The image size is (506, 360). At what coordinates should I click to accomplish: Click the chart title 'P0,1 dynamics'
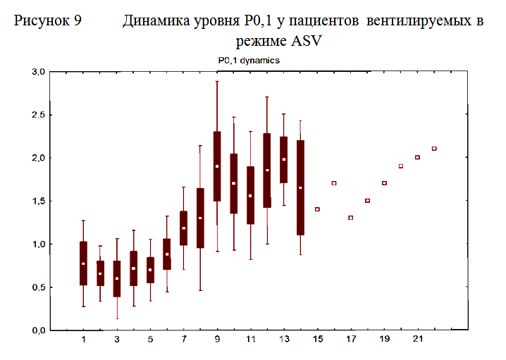[x=249, y=61]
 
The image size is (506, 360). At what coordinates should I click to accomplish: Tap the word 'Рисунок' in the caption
[x=42, y=21]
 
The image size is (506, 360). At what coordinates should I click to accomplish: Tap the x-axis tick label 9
[x=217, y=340]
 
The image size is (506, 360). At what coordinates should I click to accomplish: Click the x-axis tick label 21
[x=417, y=340]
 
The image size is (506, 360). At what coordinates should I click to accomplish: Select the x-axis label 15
[x=317, y=340]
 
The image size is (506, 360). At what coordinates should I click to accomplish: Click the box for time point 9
[x=217, y=166]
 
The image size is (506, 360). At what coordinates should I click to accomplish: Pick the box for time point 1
[x=83, y=263]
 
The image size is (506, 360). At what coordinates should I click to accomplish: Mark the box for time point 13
[x=284, y=160]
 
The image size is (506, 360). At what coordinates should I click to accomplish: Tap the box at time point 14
[x=301, y=187]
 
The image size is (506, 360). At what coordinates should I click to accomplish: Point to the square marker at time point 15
[x=317, y=209]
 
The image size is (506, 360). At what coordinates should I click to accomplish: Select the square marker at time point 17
[x=350, y=218]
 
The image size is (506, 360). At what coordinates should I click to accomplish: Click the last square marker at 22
[x=434, y=149]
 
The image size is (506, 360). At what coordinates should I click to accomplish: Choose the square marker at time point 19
[x=384, y=183]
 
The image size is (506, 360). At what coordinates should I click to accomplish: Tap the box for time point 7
[x=183, y=228]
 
